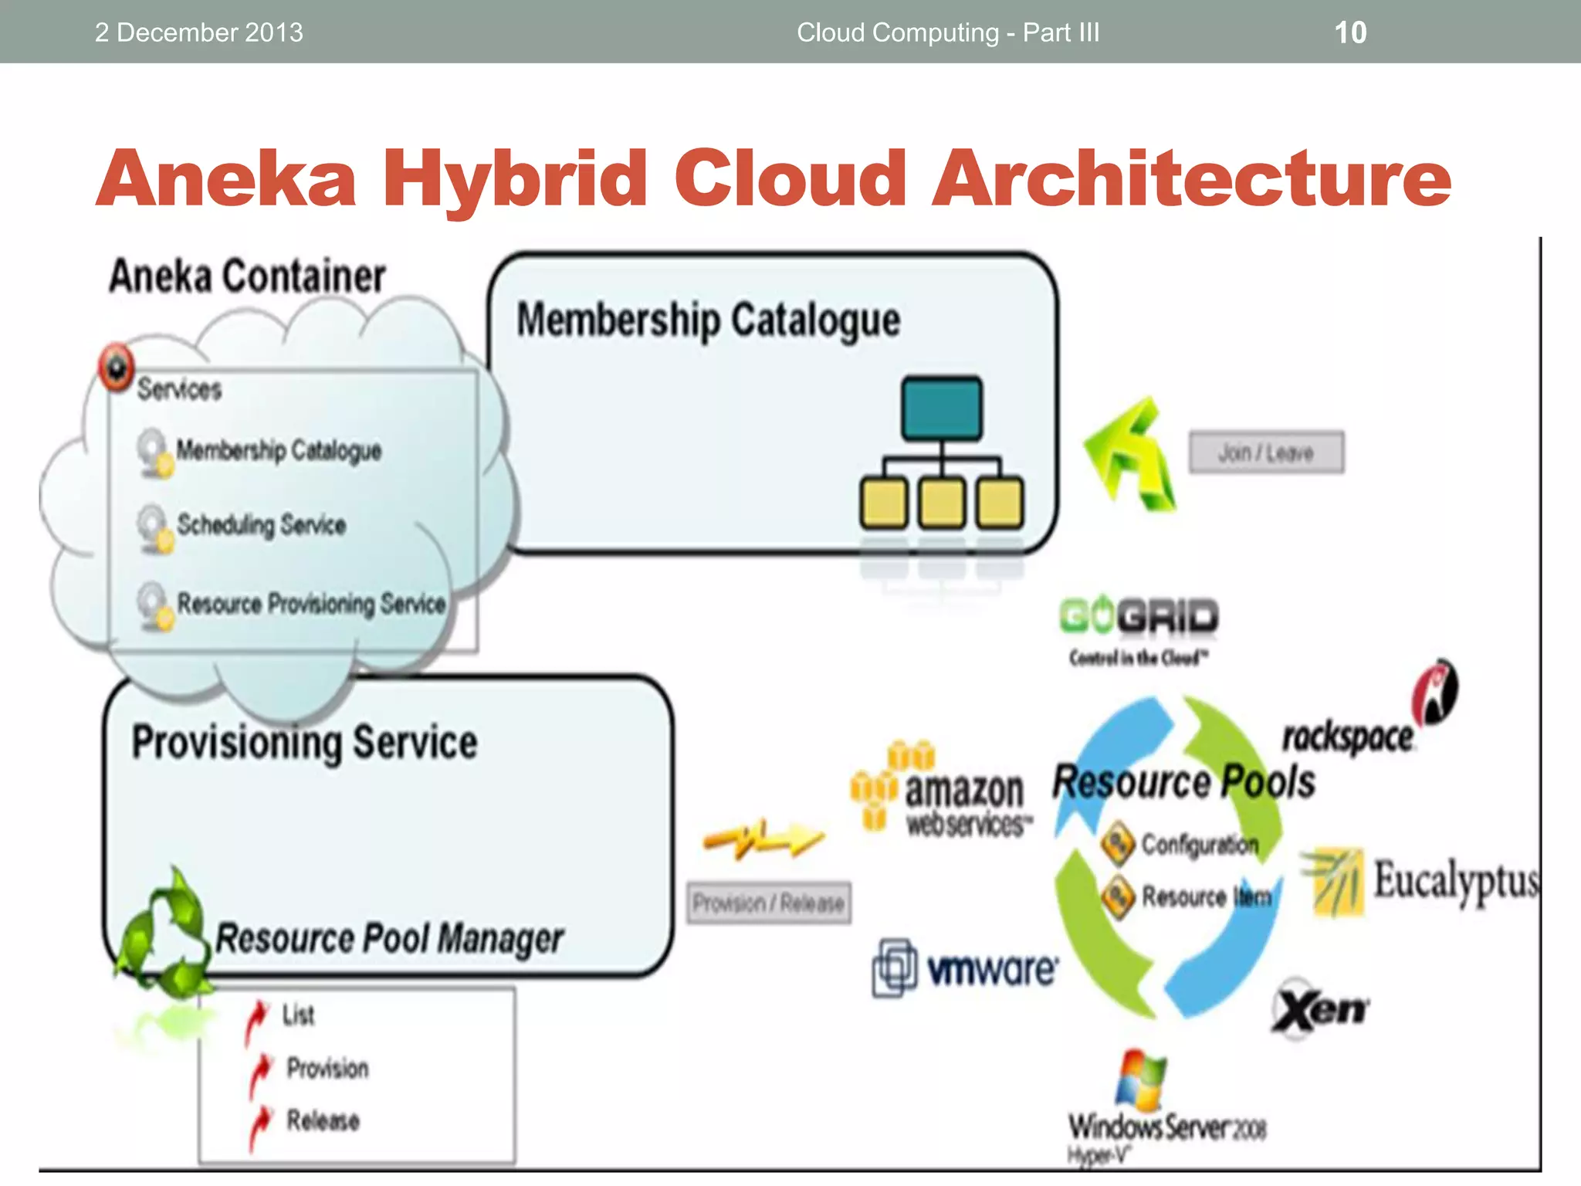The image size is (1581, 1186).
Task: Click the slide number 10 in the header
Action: pos(1350,32)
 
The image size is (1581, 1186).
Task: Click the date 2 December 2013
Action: pos(198,32)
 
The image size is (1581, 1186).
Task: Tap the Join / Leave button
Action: pos(1266,452)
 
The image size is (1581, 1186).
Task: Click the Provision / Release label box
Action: pos(769,903)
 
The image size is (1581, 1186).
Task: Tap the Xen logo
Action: pos(1320,1008)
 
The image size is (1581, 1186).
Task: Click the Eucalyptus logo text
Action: pos(1455,880)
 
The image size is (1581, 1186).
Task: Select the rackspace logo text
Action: pos(1348,737)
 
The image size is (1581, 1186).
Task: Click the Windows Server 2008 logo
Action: pos(1166,1112)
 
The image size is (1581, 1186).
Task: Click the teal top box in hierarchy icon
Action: pos(942,408)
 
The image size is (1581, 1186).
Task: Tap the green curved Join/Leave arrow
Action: pos(1131,456)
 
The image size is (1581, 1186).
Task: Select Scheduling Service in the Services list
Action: pos(261,525)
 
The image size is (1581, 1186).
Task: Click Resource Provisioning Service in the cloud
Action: pos(311,604)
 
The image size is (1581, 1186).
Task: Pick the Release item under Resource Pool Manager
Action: pos(323,1120)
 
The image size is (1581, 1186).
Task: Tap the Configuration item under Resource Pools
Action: pos(1199,844)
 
